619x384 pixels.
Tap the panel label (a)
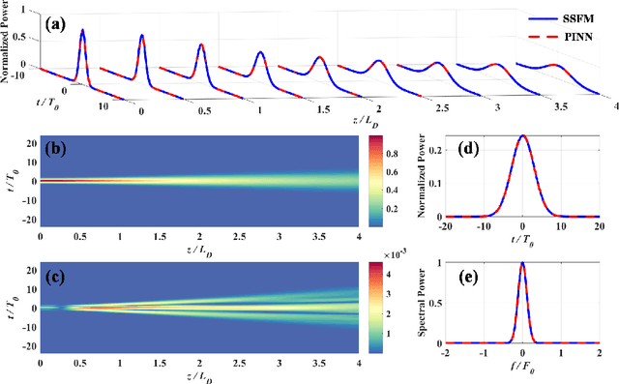[54, 16]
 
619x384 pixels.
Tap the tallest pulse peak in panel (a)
[83, 30]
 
